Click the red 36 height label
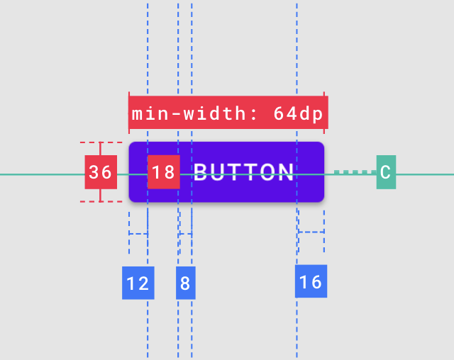coord(101,172)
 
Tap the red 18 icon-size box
coord(163,172)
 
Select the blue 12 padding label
coord(138,283)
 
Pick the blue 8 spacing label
coord(185,283)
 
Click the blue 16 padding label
coord(311,281)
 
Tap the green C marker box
coord(386,172)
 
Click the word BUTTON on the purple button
coord(243,172)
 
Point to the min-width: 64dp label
coord(228,113)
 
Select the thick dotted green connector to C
coord(355,171)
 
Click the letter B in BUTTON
coord(201,172)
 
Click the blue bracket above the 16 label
coord(311,232)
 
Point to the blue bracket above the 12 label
coord(138,232)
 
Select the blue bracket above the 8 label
coord(185,232)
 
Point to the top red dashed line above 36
coord(101,142)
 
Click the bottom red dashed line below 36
coord(101,202)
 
